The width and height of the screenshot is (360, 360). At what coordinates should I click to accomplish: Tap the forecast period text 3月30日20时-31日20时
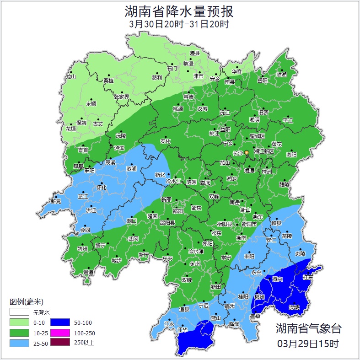click(x=179, y=24)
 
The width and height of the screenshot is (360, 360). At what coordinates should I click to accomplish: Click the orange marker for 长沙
click(x=247, y=152)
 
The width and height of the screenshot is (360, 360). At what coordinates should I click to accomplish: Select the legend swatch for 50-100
click(x=60, y=322)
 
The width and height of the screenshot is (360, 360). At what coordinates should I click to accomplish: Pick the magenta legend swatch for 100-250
click(x=60, y=333)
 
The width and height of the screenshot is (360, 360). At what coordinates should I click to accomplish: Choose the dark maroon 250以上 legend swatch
click(x=60, y=342)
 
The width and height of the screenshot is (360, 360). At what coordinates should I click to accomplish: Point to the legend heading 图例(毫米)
click(x=27, y=302)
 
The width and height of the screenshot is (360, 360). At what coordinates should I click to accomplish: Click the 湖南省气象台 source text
click(x=308, y=328)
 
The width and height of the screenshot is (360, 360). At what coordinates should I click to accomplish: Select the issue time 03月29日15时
click(x=308, y=343)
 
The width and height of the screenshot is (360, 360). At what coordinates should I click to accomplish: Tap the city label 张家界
click(x=122, y=97)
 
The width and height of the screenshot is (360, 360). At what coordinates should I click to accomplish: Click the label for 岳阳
click(x=262, y=81)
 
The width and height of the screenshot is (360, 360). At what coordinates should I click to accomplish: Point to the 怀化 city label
click(x=102, y=188)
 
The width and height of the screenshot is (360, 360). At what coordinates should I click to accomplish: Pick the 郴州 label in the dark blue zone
click(x=260, y=297)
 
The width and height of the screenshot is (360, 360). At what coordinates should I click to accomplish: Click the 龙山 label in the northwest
click(x=70, y=77)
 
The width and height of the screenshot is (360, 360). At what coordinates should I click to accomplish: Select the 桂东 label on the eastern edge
click(x=308, y=277)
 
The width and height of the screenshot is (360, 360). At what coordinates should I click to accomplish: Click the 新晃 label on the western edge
click(x=56, y=201)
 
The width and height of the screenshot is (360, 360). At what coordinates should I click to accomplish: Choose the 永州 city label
click(x=195, y=264)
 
